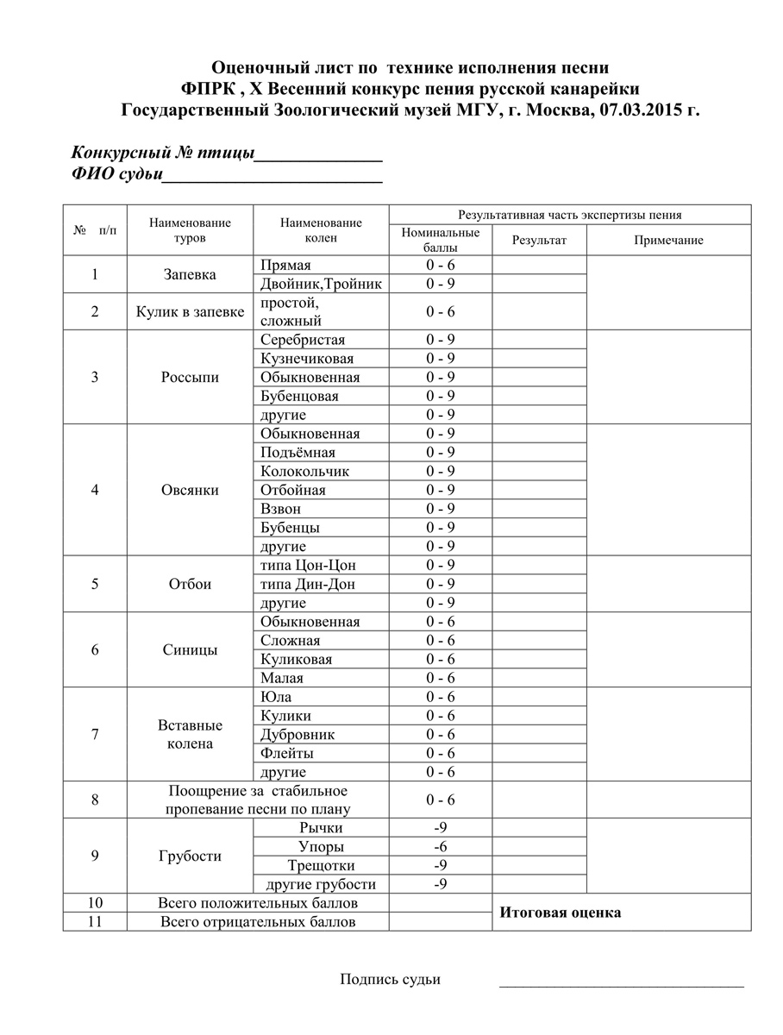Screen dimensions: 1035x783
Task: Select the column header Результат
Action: pyautogui.click(x=539, y=241)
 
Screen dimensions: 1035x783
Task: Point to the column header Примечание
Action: pyautogui.click(x=668, y=241)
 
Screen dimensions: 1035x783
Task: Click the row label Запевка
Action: pyautogui.click(x=190, y=274)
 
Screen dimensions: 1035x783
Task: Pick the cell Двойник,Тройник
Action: pyautogui.click(x=321, y=284)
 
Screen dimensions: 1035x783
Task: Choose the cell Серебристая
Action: pyautogui.click(x=303, y=340)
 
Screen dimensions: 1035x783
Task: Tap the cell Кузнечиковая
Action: pyautogui.click(x=307, y=359)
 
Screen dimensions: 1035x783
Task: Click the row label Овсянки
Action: pyautogui.click(x=190, y=490)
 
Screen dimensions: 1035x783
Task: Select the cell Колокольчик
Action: pyautogui.click(x=304, y=472)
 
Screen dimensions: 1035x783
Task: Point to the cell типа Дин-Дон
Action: pyautogui.click(x=308, y=585)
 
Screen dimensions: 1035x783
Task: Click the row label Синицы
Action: pyautogui.click(x=190, y=650)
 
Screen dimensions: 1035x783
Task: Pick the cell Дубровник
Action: pyautogui.click(x=298, y=735)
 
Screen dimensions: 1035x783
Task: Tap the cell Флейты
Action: pyautogui.click(x=287, y=754)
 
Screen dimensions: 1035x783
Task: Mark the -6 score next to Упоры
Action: pyautogui.click(x=440, y=847)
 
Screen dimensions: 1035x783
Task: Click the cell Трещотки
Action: pyautogui.click(x=322, y=865)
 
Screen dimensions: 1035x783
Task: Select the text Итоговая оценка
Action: pyautogui.click(x=561, y=913)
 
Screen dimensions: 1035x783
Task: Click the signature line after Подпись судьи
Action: pyautogui.click(x=621, y=983)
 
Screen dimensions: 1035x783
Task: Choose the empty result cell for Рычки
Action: pyautogui.click(x=539, y=828)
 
